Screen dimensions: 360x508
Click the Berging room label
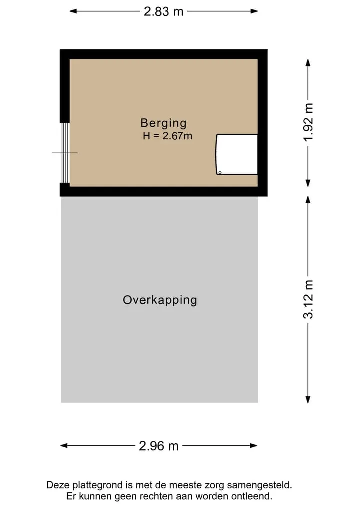164,123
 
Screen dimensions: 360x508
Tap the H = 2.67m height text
167,136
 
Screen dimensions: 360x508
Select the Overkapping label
160,300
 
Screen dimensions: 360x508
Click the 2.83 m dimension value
164,12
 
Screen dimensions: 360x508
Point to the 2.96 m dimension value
159,446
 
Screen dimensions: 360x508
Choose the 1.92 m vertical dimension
308,122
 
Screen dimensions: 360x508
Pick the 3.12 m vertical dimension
308,300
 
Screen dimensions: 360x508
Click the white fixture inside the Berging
237,154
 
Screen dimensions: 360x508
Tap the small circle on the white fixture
220,173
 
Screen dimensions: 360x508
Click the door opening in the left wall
65,153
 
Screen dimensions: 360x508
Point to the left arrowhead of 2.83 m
73,11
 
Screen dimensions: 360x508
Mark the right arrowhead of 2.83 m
254,11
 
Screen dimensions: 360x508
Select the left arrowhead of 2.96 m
64,446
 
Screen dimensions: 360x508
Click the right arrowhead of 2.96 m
253,446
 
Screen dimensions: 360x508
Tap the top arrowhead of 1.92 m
308,63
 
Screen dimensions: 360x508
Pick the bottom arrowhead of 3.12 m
308,399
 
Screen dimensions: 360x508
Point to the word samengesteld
259,486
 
